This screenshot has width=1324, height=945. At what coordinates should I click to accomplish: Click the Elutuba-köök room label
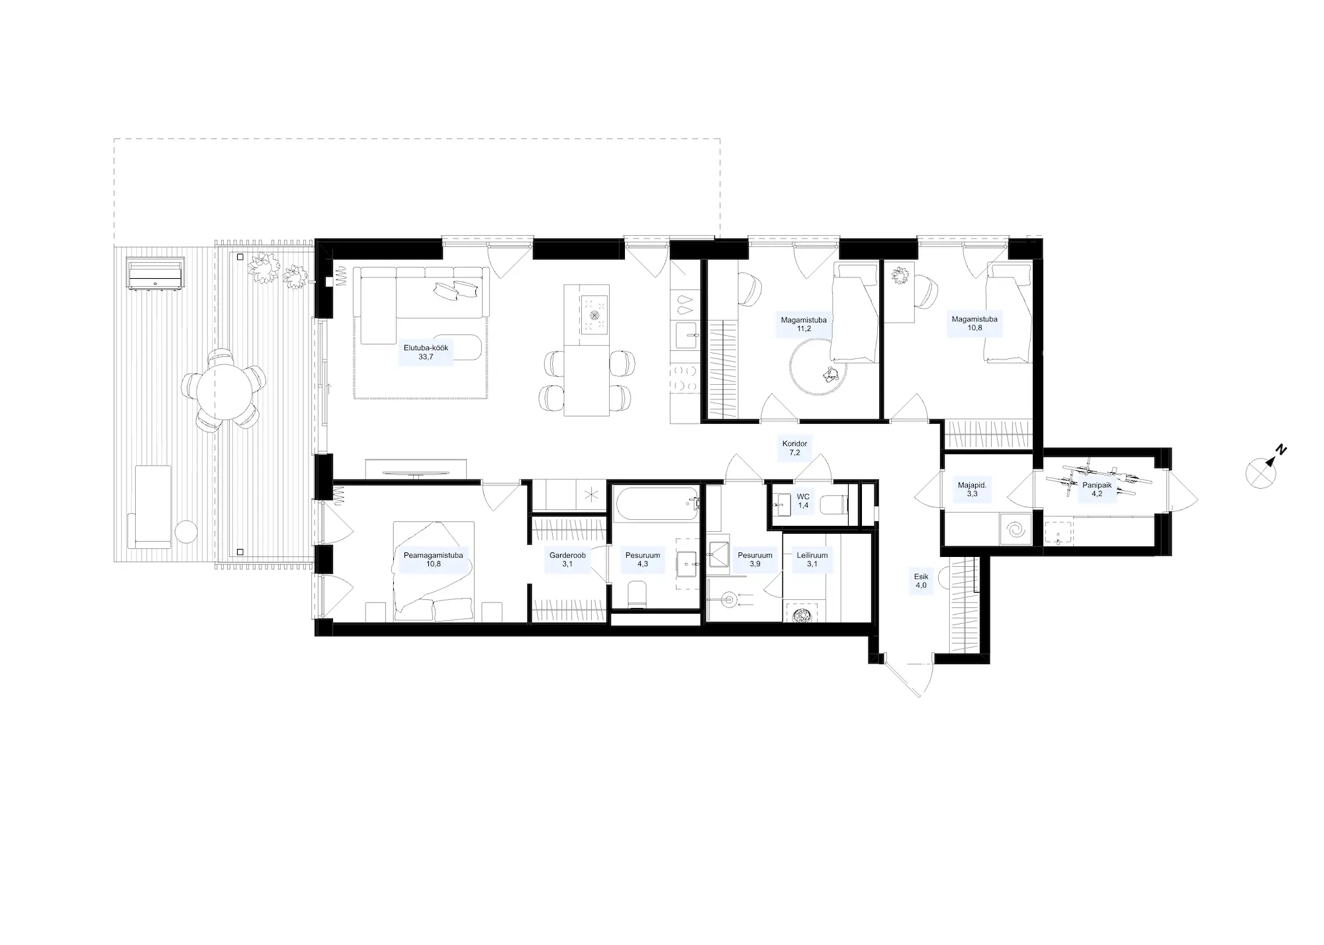tap(426, 352)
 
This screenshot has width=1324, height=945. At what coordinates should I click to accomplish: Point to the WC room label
tap(803, 501)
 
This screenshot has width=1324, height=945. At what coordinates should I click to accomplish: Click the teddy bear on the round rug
tap(831, 375)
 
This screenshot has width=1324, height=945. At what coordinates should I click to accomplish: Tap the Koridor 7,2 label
tap(794, 448)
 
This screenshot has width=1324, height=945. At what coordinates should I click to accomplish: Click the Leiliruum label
tap(812, 560)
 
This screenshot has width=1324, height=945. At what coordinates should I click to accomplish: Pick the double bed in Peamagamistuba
tap(434, 571)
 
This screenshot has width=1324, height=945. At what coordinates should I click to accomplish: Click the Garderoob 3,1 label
tap(567, 560)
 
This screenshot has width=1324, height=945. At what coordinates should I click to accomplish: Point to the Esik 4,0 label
tap(921, 581)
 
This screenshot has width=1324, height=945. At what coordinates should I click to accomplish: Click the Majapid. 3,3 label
tap(972, 489)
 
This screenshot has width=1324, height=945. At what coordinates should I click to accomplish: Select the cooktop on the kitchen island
tap(594, 315)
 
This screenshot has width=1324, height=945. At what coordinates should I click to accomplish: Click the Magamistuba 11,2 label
tap(804, 324)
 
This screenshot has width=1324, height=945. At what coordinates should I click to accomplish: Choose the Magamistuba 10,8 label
tap(974, 323)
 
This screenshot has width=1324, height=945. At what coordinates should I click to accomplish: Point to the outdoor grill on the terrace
tap(156, 275)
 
